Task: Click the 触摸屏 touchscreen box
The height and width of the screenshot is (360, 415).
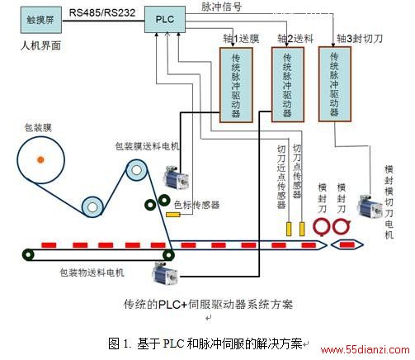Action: point(41,20)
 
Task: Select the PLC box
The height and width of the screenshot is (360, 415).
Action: point(165,20)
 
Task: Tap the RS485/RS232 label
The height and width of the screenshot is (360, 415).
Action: point(102,12)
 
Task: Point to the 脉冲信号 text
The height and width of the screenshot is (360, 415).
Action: point(221,7)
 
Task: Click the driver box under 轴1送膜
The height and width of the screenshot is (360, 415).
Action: point(236,85)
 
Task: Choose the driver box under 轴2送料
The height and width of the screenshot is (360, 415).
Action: point(288,84)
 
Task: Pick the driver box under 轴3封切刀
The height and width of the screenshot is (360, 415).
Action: point(335,84)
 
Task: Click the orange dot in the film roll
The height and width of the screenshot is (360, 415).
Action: point(40,159)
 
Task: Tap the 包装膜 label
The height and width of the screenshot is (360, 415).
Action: point(38,127)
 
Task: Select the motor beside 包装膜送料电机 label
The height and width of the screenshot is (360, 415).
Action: point(176,178)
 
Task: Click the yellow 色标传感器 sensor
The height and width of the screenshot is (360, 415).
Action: point(173,215)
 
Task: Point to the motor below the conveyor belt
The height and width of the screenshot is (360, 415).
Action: point(165,273)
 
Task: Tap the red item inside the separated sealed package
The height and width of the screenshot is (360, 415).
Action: point(347,244)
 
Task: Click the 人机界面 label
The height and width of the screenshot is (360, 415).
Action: point(40,45)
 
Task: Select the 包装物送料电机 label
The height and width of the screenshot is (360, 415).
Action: point(92,272)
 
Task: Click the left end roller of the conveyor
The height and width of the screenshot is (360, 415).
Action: point(28,254)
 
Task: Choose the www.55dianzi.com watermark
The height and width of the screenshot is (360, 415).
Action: point(365,350)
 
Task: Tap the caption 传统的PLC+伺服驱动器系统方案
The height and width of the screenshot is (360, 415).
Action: point(208,304)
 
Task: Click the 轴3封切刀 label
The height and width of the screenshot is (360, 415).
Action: point(360,38)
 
